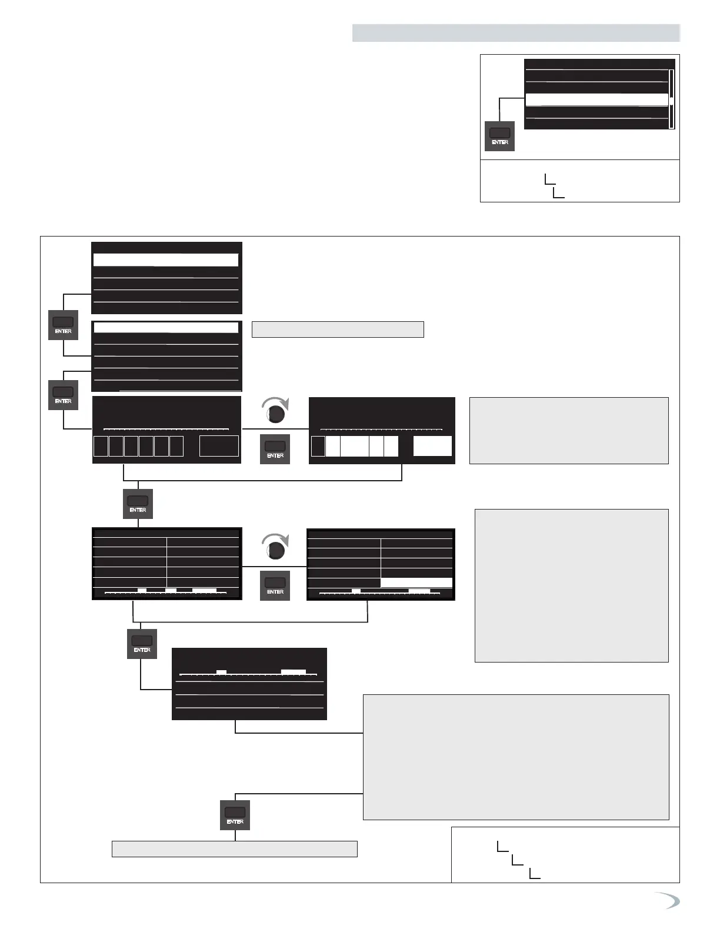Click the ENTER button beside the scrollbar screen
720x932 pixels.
coord(499,136)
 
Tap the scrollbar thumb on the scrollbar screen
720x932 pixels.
coord(671,101)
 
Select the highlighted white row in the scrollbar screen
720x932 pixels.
coord(596,99)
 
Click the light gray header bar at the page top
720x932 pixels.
coord(516,33)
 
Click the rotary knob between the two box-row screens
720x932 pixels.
coord(275,413)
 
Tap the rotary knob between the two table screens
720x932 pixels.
coord(275,550)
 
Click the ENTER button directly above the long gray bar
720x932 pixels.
coord(235,815)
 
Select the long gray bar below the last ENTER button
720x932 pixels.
coord(235,849)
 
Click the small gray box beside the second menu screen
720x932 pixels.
coord(338,329)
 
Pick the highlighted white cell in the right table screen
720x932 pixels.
coord(416,582)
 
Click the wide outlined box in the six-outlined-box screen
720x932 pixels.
coord(219,446)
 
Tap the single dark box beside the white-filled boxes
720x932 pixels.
coord(318,446)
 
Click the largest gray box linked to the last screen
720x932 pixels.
coord(516,757)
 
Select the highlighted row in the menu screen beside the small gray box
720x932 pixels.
coord(166,328)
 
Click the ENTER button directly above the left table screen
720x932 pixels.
coord(138,504)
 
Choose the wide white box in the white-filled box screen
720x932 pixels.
coord(432,446)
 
